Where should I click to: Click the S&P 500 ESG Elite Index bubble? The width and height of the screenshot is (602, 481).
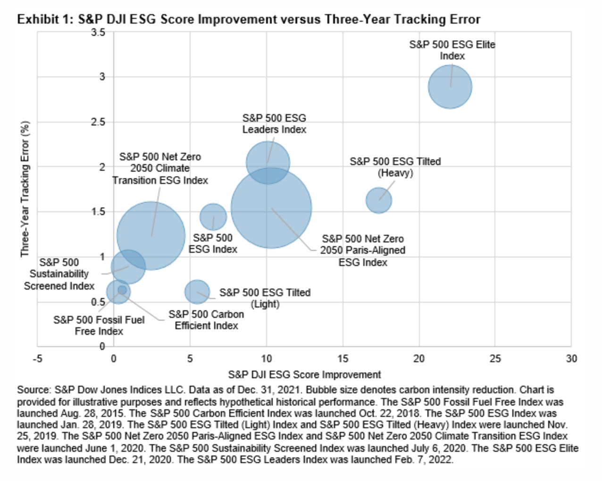(x=450, y=87)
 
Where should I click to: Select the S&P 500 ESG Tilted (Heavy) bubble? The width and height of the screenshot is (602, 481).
(x=378, y=200)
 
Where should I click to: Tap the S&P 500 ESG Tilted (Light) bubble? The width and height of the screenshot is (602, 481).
(x=197, y=291)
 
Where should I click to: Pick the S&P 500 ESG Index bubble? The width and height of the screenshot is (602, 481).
(x=213, y=217)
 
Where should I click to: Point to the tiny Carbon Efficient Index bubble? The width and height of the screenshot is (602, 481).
(x=122, y=290)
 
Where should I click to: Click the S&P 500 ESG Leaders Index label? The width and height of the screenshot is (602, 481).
(x=274, y=124)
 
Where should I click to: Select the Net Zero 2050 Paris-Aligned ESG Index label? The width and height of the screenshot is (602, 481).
(x=362, y=250)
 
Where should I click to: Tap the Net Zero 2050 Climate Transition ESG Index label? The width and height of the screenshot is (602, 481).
(x=160, y=168)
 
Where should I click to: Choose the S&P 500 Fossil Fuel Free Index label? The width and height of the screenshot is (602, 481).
(x=99, y=325)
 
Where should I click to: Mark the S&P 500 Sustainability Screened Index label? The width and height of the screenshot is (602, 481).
(x=59, y=274)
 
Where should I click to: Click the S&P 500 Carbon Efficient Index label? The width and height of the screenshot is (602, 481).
(x=206, y=320)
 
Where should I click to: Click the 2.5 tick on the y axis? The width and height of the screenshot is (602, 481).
(x=99, y=122)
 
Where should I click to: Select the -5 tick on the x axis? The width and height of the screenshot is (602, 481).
(x=37, y=358)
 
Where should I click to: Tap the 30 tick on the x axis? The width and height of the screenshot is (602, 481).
(x=571, y=358)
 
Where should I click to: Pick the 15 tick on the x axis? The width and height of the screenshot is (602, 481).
(x=343, y=358)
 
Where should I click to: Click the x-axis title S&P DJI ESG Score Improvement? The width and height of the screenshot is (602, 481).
(x=304, y=374)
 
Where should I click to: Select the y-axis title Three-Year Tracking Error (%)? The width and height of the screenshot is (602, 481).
(x=25, y=189)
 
